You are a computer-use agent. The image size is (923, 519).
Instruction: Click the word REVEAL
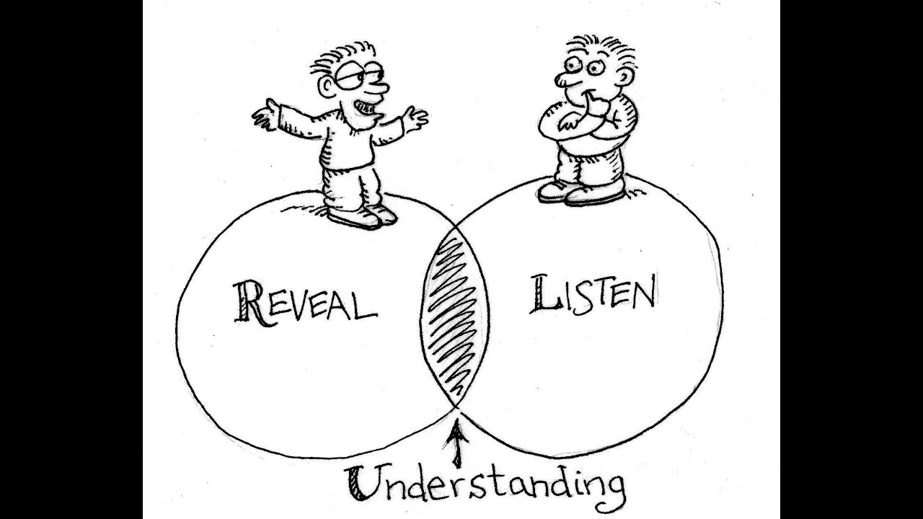tap(304, 302)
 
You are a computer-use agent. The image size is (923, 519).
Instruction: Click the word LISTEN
tap(593, 293)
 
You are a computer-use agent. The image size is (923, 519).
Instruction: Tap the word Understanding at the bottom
tap(485, 484)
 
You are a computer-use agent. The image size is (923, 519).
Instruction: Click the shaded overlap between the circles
tap(454, 317)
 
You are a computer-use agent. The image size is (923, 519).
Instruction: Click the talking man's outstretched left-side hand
tap(265, 115)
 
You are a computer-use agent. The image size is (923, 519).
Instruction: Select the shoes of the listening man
tap(581, 192)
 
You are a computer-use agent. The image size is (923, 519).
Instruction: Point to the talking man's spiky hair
tap(339, 58)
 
